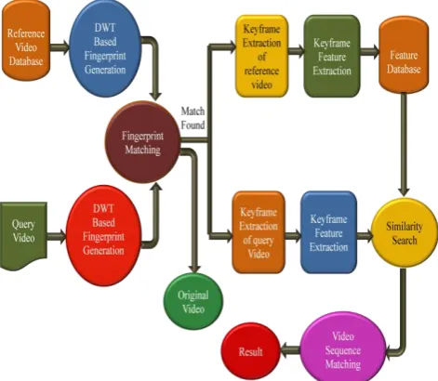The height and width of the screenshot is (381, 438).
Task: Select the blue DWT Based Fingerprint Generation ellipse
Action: coord(105,48)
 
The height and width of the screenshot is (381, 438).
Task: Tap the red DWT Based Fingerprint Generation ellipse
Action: coord(104,236)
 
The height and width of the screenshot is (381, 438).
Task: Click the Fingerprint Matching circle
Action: coord(142,142)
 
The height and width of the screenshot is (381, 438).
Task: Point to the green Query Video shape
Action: coord(23,235)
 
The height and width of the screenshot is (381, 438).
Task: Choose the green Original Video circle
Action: coord(193,301)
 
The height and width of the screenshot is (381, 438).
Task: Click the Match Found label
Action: coord(192,118)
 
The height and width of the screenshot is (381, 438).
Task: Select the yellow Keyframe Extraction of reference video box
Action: coord(261,56)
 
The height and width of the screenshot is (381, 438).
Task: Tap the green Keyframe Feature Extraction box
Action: coord(332,56)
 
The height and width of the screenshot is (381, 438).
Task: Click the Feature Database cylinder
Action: coord(404,55)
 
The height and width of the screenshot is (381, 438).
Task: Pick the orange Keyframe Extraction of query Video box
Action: coord(259,232)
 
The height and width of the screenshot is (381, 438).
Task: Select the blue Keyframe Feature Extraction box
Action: coord(328,232)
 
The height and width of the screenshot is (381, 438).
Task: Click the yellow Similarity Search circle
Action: coord(405,233)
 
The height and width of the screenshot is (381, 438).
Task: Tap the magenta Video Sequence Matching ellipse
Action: coord(343,350)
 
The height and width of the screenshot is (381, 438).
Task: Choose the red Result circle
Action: coord(250,351)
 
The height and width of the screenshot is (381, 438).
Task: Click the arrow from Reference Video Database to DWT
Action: coord(60,47)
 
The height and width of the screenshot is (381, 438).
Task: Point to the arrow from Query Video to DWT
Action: coord(57,236)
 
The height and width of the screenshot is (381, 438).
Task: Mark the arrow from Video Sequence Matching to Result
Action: coord(290,350)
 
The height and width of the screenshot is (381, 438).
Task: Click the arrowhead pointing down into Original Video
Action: coord(194,269)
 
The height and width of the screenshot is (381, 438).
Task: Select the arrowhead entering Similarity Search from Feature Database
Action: coord(404,191)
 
